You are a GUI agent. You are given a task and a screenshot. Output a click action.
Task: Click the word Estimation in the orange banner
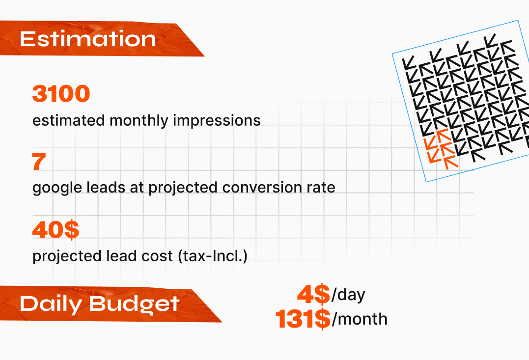tap(88, 39)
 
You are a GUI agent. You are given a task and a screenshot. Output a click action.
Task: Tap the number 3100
tap(61, 93)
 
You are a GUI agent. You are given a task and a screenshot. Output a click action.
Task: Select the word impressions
tap(217, 120)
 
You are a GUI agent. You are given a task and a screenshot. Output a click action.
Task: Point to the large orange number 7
tap(39, 162)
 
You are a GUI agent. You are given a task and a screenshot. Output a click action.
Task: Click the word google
tap(57, 188)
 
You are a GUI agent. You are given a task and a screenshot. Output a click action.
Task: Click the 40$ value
tap(56, 230)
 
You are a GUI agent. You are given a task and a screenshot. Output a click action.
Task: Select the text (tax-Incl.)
tap(213, 256)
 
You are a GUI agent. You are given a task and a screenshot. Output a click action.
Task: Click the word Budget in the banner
tap(134, 304)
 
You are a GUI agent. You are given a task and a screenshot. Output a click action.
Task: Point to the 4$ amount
tap(313, 294)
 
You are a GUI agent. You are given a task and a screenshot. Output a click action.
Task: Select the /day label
tap(348, 295)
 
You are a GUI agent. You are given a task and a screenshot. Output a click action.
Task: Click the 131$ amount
tap(303, 319)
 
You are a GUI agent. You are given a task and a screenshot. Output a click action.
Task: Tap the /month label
tap(360, 319)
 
